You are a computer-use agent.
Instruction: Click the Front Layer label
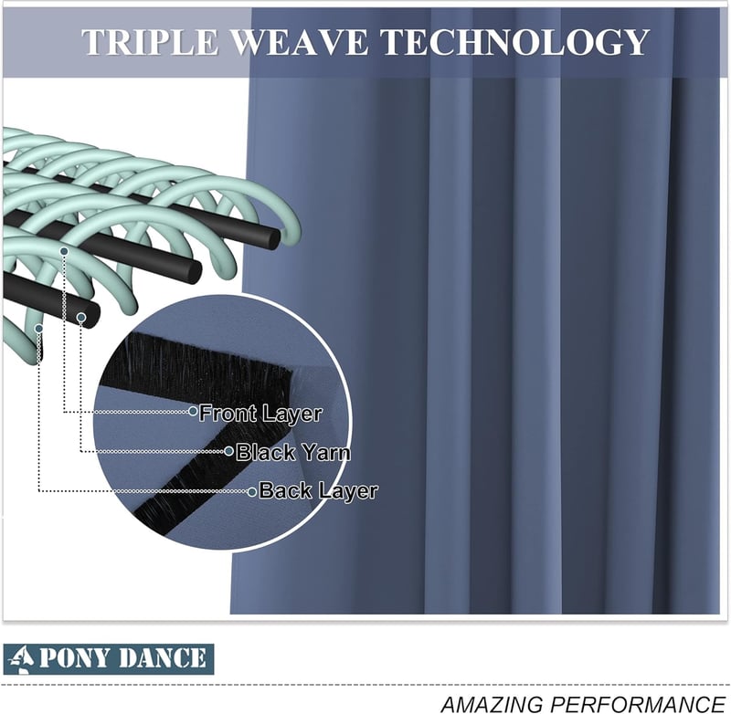point(260,414)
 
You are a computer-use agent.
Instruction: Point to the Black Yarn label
point(292,452)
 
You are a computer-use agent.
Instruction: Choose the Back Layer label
point(318,491)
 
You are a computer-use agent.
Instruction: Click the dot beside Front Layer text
point(193,411)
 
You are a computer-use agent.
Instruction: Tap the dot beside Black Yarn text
point(228,451)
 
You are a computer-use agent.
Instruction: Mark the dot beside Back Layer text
point(252,491)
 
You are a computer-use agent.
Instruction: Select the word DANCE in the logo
point(161,658)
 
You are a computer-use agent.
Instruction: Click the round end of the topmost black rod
point(272,238)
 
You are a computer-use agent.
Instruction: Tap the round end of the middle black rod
point(193,270)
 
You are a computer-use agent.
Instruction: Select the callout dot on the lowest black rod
point(81,318)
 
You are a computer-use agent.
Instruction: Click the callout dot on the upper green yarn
point(64,251)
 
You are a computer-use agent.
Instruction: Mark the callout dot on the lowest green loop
point(38,329)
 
